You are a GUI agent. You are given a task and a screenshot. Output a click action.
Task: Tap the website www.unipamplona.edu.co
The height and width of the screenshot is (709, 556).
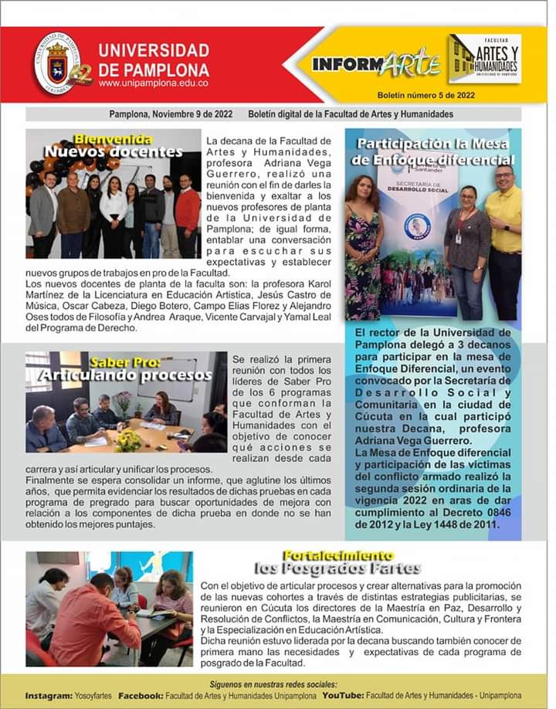coord(154,83)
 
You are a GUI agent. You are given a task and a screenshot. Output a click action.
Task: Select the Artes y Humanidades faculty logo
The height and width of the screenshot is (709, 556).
coord(484,59)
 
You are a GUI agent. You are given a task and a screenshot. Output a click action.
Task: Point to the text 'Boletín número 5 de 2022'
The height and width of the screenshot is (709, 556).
coord(426,96)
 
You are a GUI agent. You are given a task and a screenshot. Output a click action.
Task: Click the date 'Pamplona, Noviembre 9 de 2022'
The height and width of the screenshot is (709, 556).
coord(171,114)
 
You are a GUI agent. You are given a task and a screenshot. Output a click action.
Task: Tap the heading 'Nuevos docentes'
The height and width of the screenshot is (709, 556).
coord(113,151)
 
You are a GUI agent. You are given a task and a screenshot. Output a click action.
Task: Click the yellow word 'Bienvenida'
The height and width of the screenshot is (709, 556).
coord(113,139)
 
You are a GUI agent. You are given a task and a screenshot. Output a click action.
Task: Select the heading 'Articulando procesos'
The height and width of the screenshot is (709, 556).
coord(127,375)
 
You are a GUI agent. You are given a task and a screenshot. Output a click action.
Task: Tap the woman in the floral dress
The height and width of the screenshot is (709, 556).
coord(362,247)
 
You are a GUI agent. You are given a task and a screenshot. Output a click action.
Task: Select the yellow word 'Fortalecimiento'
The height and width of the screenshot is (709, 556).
coord(337,555)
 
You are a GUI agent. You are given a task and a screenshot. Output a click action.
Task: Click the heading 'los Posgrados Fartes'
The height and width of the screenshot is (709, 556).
coord(337,569)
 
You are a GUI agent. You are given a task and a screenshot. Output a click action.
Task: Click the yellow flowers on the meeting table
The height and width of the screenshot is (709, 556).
coord(127,440)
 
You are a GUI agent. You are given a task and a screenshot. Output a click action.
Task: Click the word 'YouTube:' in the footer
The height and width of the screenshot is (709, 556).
coord(343,696)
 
